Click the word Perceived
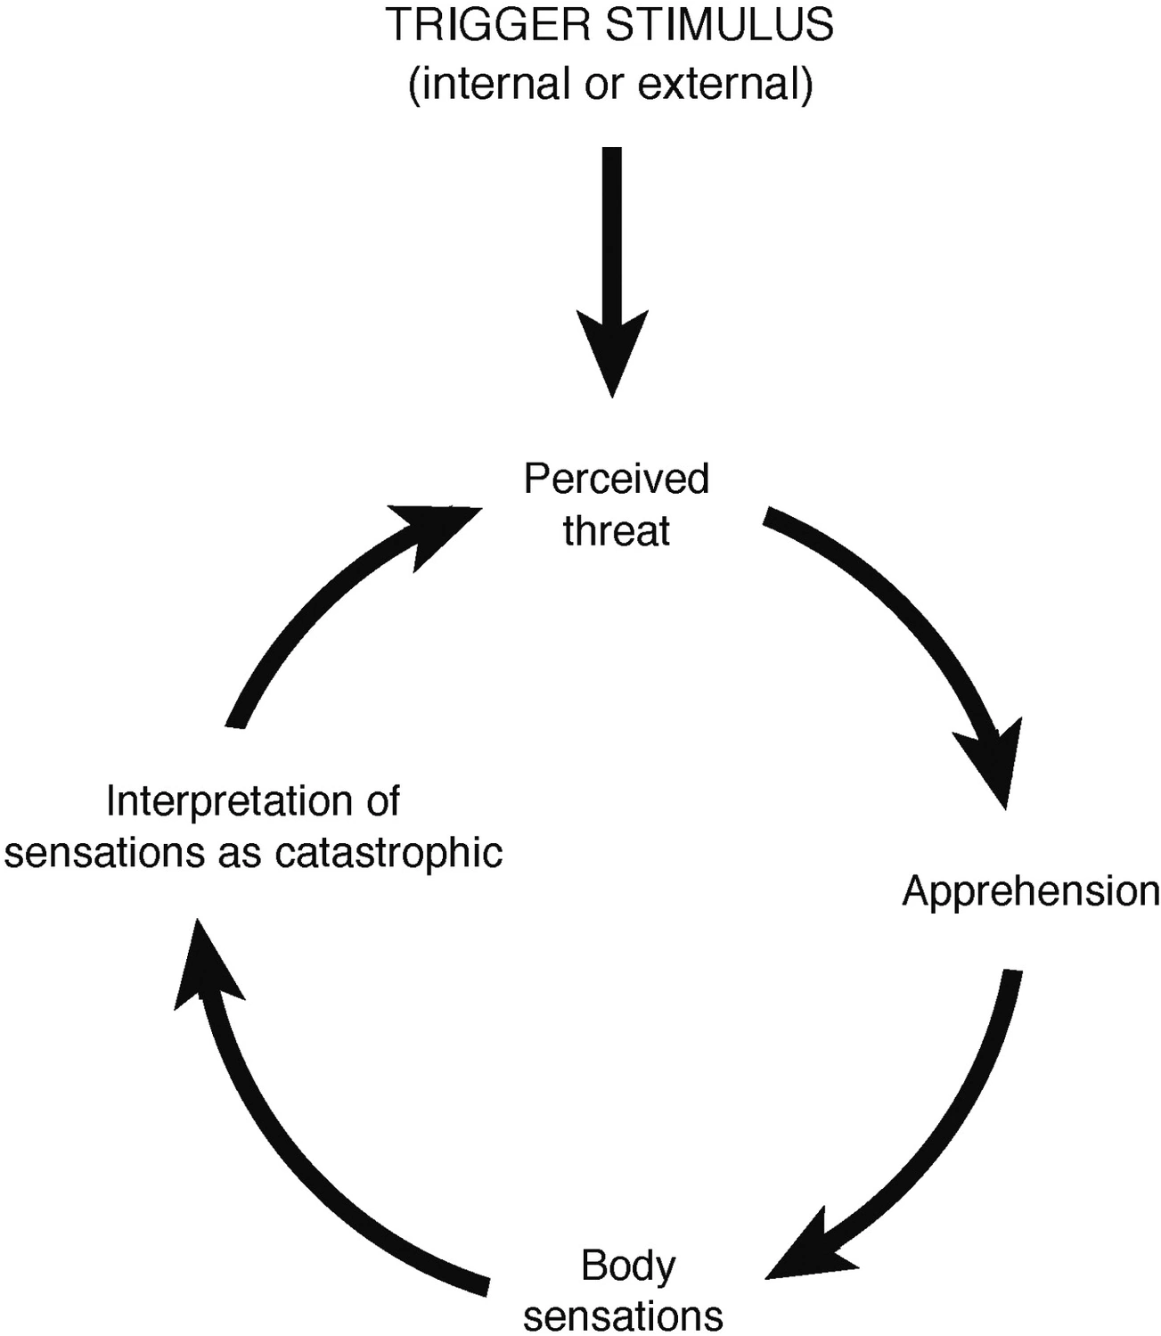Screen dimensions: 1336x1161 (617, 479)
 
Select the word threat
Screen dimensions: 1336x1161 (617, 531)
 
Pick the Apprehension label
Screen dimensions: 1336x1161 (1031, 891)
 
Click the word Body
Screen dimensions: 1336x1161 (628, 1266)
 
